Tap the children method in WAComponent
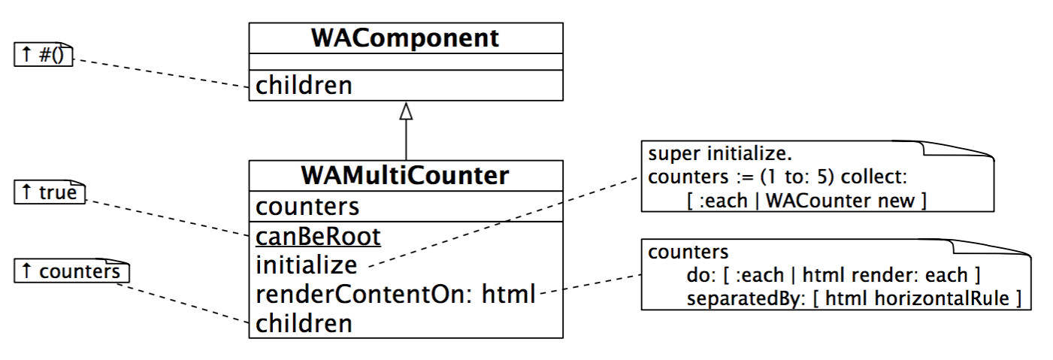304,86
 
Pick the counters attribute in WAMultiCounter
307,206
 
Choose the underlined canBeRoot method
318,237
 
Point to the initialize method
307,265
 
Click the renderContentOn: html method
395,295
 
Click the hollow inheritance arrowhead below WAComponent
406,111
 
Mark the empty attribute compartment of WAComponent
405,61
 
